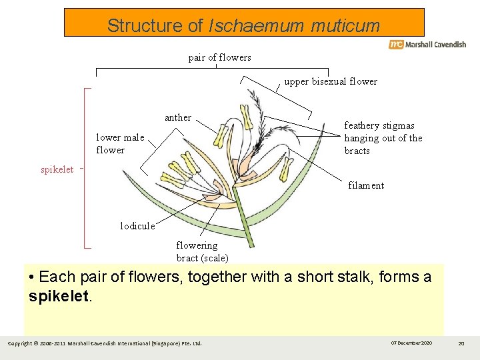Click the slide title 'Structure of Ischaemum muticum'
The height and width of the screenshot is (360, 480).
click(243, 26)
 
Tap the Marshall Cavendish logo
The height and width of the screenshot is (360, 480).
click(427, 45)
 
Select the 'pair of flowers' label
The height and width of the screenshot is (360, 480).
click(219, 57)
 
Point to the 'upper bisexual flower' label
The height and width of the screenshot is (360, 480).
click(331, 82)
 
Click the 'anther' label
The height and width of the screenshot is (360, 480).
click(178, 117)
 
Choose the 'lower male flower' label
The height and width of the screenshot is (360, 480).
click(120, 144)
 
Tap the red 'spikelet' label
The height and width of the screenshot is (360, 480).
click(57, 169)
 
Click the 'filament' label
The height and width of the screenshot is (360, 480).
click(366, 185)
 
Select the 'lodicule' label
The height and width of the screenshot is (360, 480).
click(137, 226)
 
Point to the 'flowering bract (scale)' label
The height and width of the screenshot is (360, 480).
click(202, 251)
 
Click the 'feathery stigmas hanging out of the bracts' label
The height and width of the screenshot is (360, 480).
click(383, 138)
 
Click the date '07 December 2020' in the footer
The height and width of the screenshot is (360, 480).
click(411, 343)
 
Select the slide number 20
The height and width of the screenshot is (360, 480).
click(461, 343)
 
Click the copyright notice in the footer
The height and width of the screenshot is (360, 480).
click(104, 343)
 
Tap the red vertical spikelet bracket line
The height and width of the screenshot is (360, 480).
click(85, 167)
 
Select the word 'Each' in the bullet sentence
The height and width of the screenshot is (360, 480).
click(55, 277)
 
